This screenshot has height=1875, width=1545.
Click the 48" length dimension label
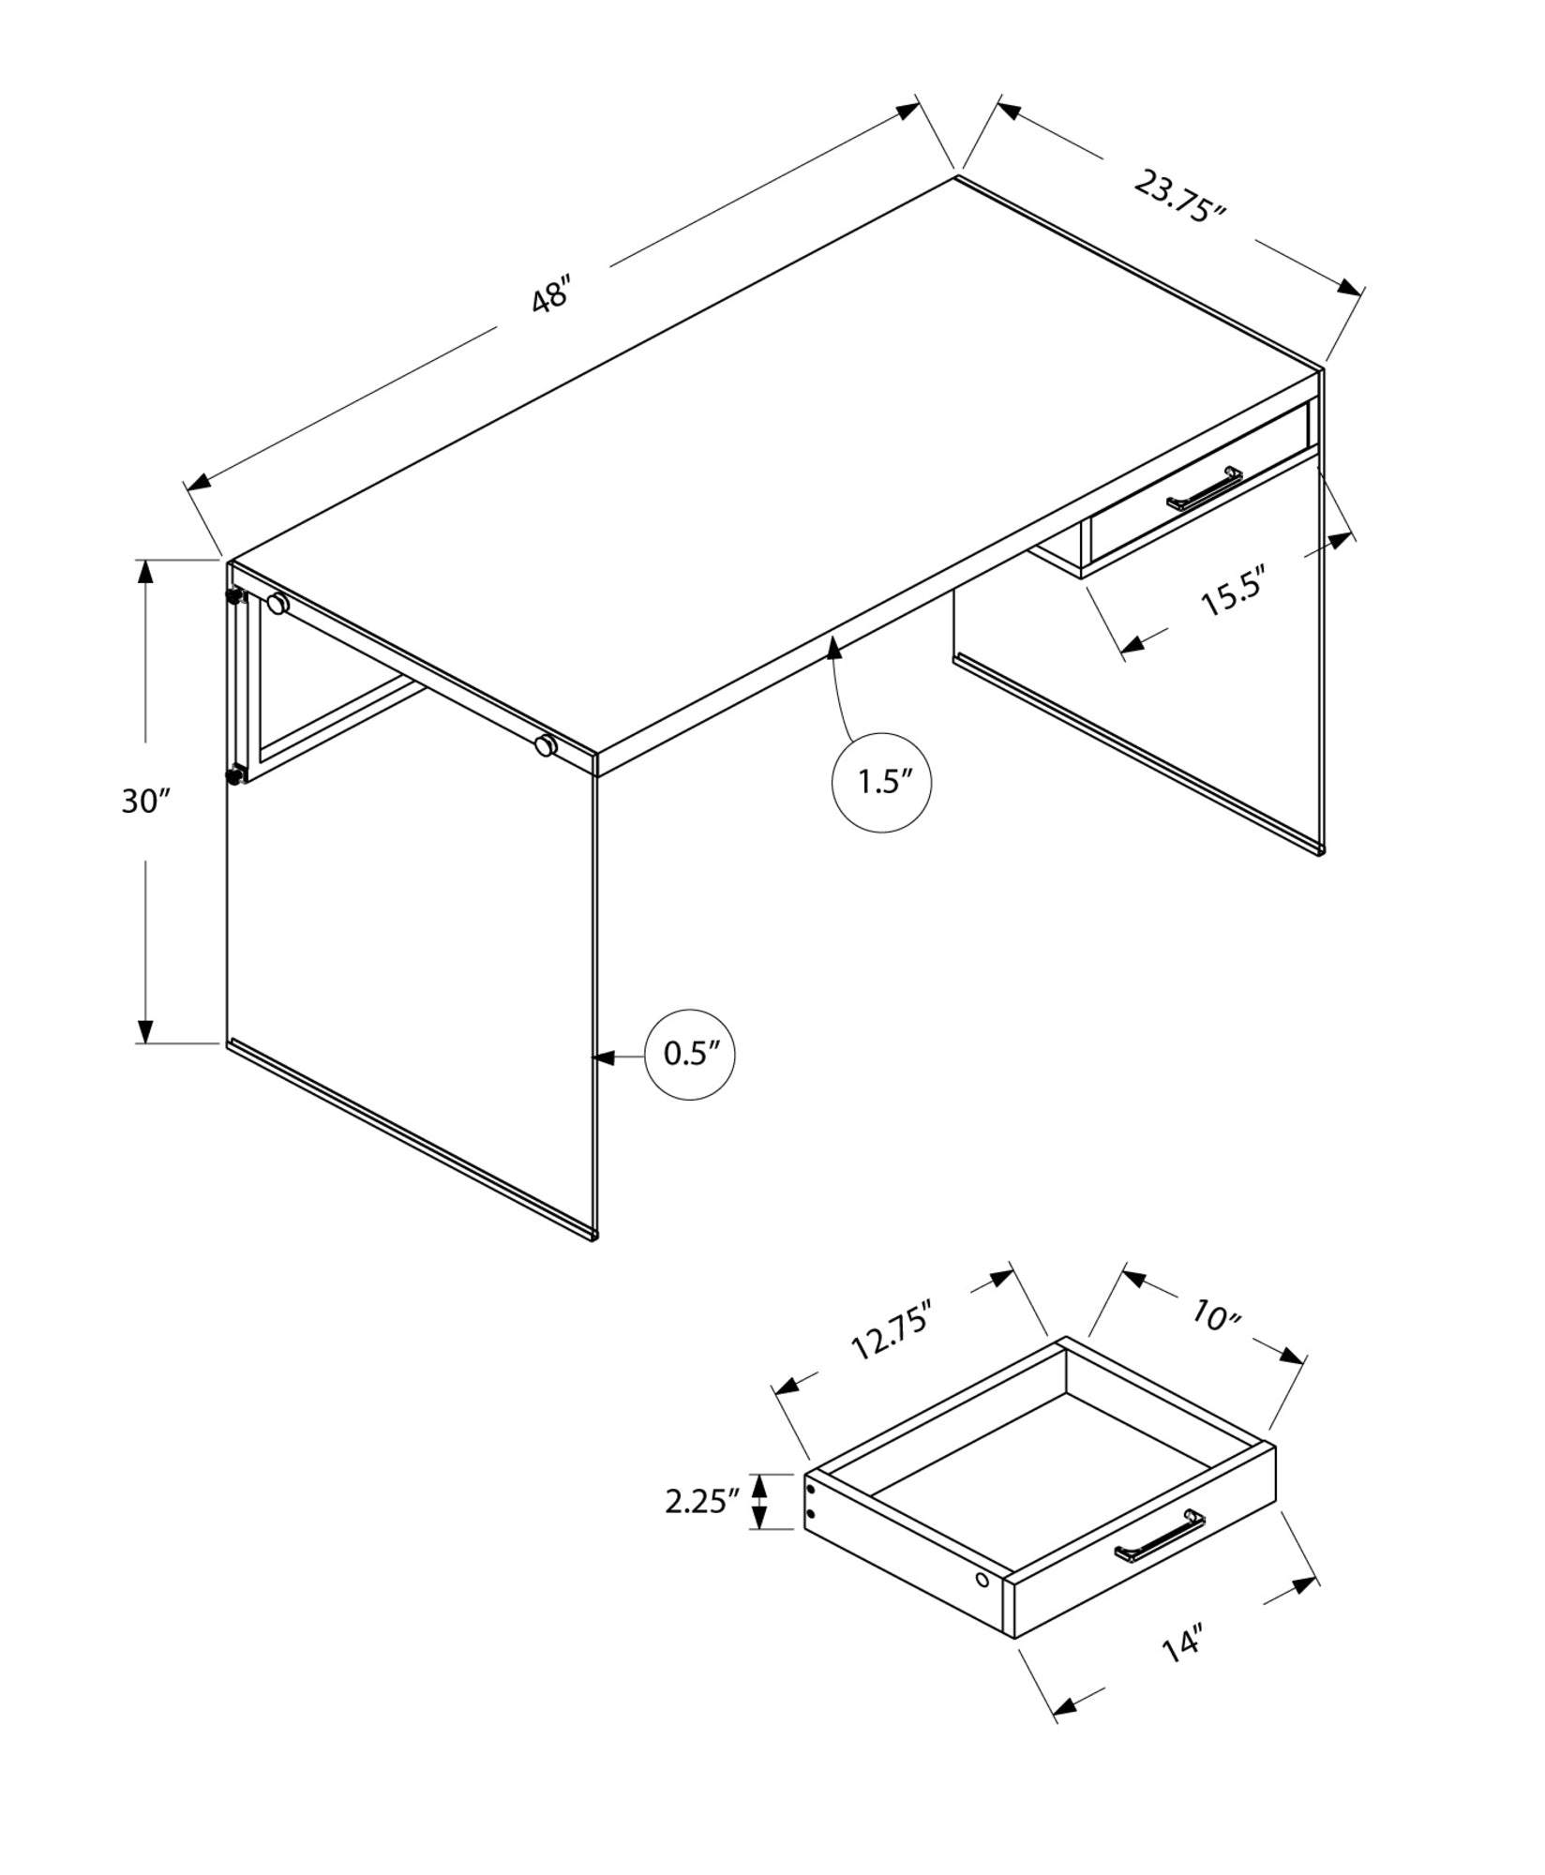point(551,296)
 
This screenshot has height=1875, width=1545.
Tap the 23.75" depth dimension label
point(1180,197)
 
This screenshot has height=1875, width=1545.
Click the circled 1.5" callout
point(881,783)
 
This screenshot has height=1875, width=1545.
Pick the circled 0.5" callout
point(690,1055)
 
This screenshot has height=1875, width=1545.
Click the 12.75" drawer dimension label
point(891,1330)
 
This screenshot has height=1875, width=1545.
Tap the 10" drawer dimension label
point(1217,1316)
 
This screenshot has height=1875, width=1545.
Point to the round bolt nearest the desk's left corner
point(277,605)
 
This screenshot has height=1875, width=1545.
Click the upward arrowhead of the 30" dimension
point(145,570)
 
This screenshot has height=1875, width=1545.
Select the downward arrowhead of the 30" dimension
point(145,1031)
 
